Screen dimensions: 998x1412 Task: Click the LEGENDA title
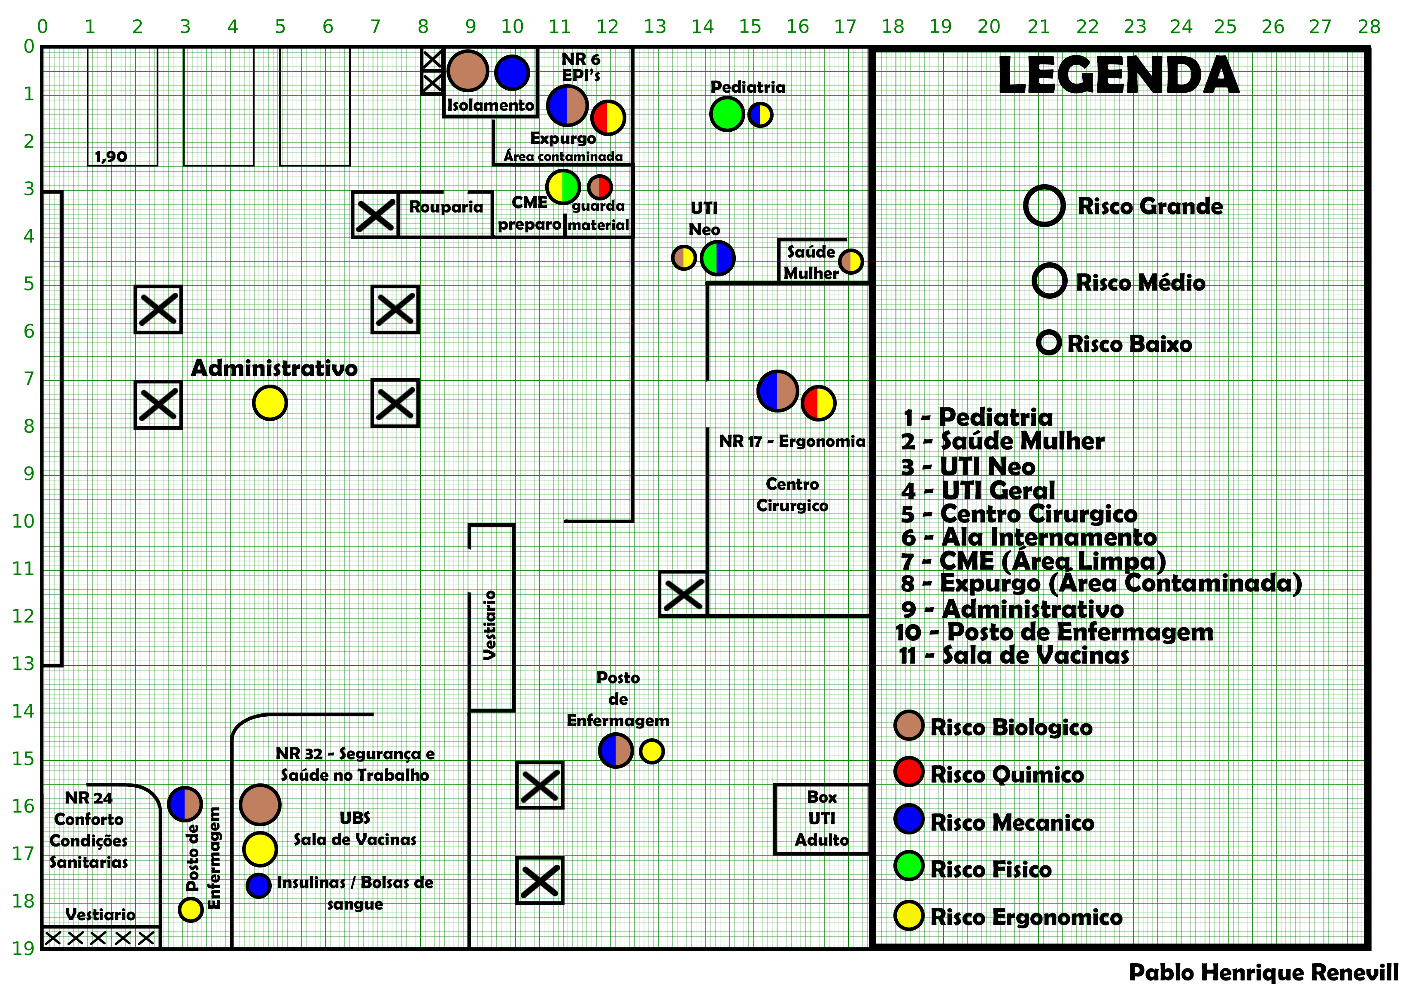click(x=1117, y=75)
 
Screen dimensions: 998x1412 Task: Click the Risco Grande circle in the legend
click(x=1044, y=205)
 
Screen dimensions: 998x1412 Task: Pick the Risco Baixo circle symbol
click(x=1048, y=343)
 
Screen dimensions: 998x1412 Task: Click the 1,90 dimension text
click(x=111, y=156)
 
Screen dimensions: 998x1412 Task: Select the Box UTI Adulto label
click(x=822, y=819)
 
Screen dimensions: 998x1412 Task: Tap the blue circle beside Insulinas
click(x=258, y=886)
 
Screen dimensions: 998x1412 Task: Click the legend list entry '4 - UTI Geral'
click(x=978, y=491)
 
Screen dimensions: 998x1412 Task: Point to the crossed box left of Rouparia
click(x=375, y=215)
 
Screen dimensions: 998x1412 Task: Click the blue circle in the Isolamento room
click(x=512, y=72)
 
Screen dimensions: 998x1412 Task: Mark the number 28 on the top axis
click(x=1369, y=27)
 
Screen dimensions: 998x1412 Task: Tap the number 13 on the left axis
click(x=23, y=664)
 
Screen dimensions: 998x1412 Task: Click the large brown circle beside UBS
click(x=260, y=804)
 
